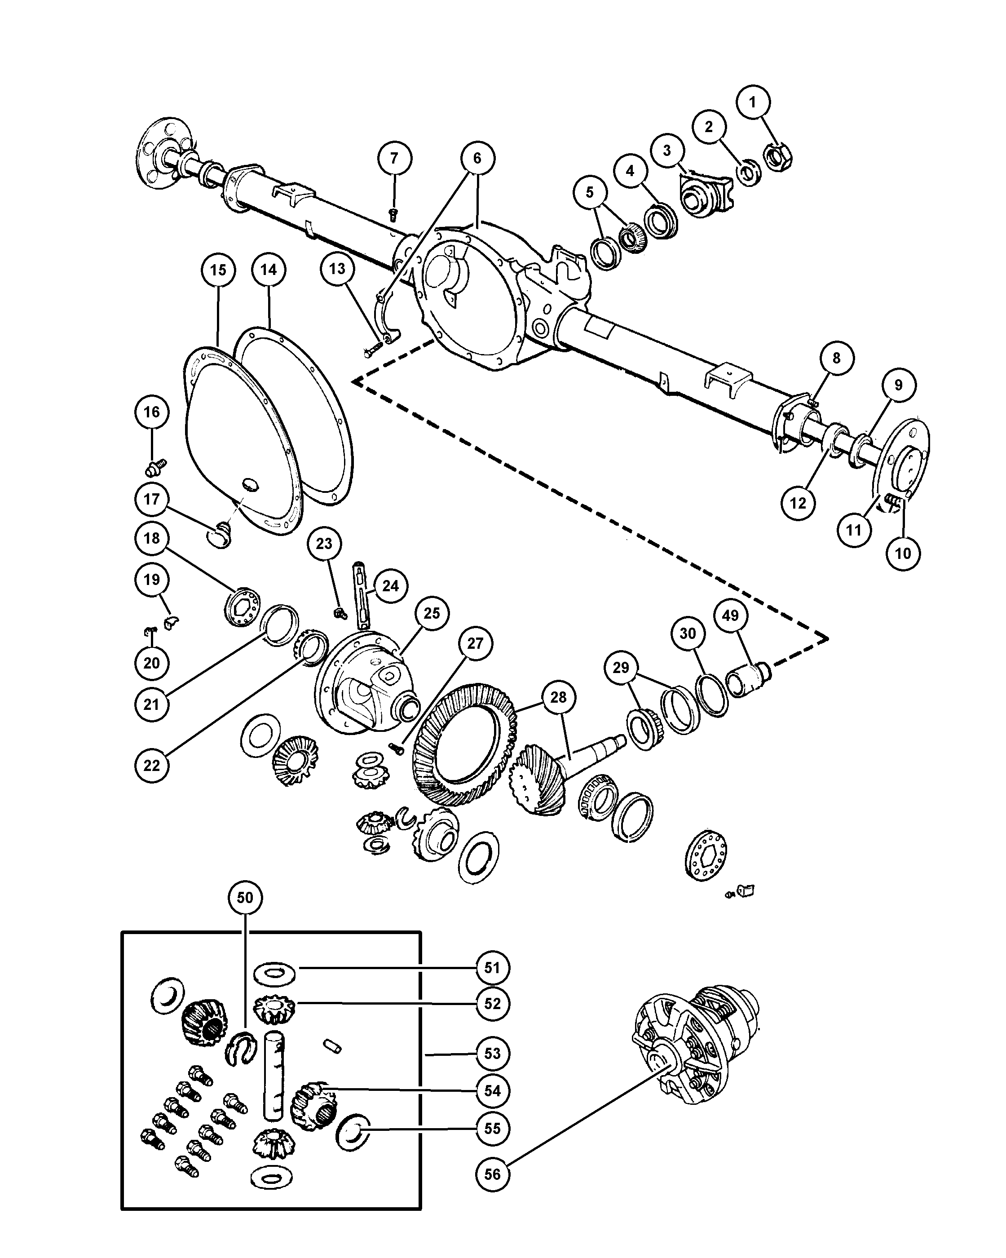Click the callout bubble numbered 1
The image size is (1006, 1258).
tap(752, 102)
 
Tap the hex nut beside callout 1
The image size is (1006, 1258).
tap(778, 156)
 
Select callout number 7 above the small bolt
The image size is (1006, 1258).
tap(394, 158)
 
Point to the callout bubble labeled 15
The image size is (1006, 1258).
tap(218, 270)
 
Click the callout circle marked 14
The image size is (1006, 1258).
tap(269, 270)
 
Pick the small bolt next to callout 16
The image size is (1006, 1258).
tap(156, 467)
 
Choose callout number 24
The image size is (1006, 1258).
tap(390, 586)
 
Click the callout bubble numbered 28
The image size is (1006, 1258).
tap(559, 697)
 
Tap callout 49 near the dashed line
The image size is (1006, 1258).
tap(730, 616)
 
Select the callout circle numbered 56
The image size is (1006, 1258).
tap(493, 1174)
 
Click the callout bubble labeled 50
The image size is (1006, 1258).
tap(245, 897)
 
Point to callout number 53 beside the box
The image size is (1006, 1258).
tap(493, 1053)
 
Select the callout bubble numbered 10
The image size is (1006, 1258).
tap(903, 553)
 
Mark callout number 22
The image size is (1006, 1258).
tap(152, 765)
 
